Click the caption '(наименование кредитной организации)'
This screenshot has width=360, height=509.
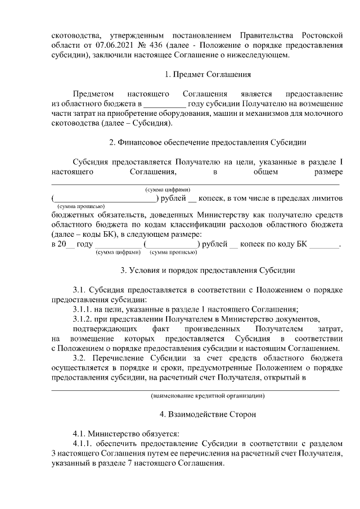tap(208, 396)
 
